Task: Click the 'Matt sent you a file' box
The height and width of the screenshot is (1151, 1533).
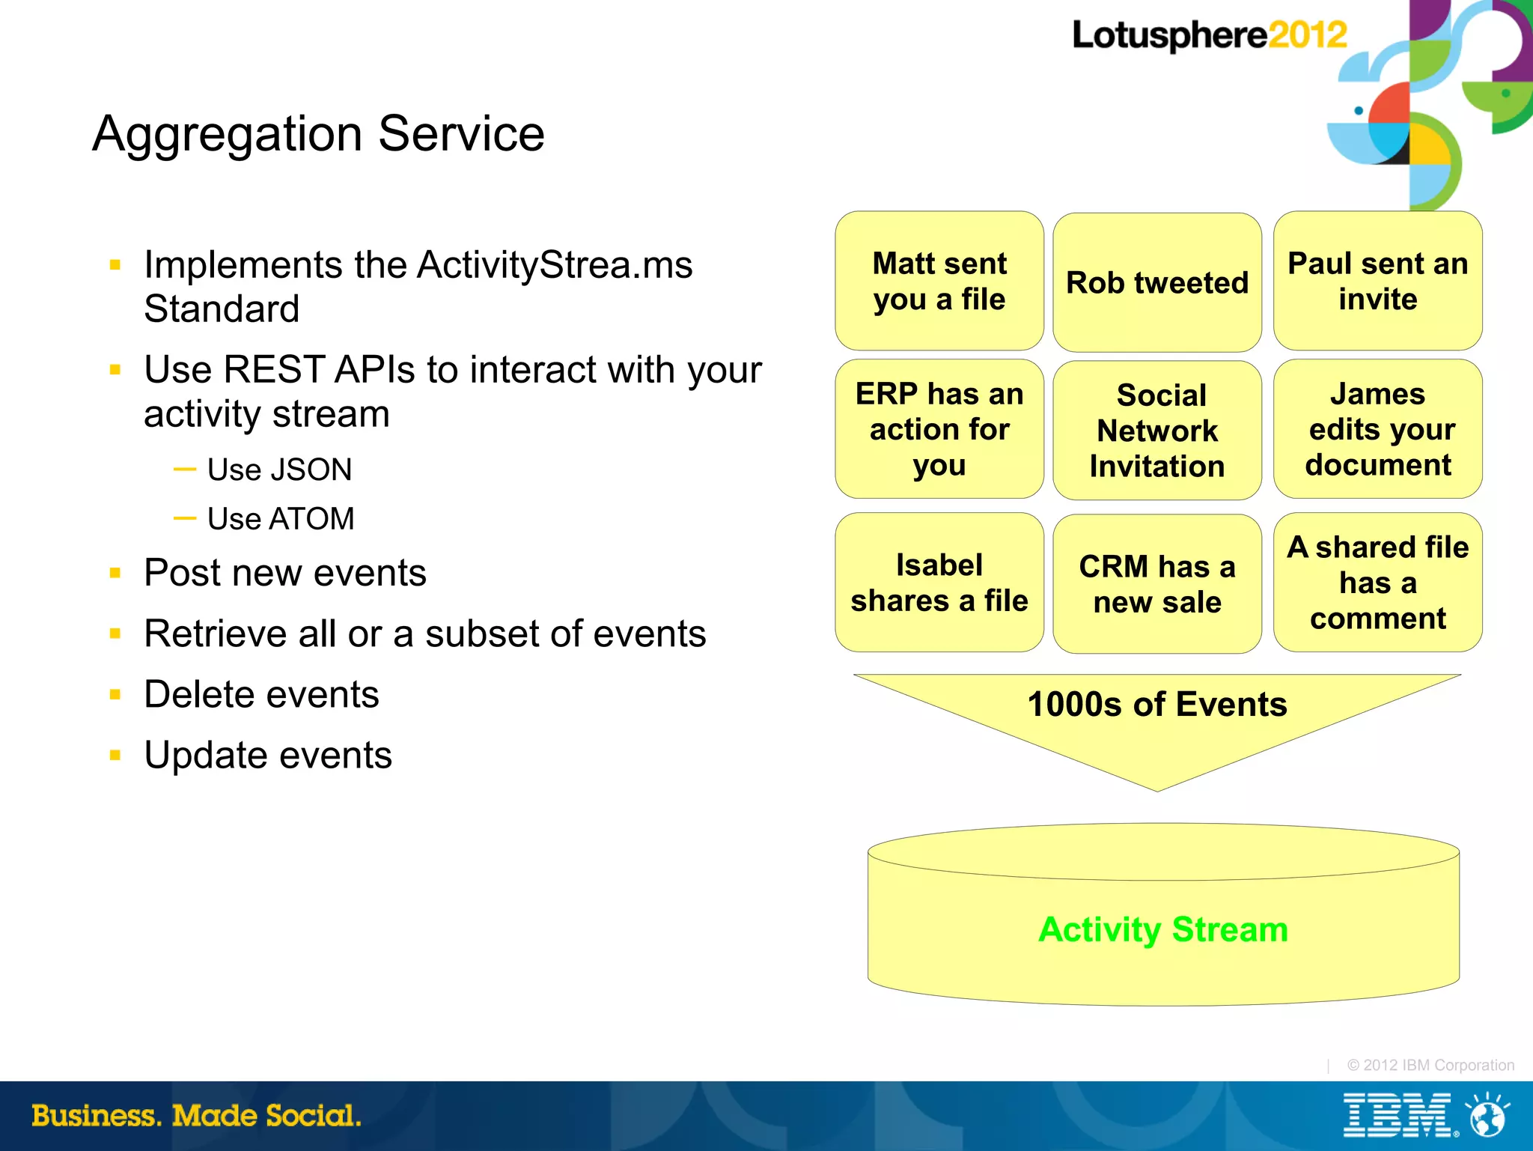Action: [x=939, y=281]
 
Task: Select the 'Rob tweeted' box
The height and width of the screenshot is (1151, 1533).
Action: [x=1156, y=282]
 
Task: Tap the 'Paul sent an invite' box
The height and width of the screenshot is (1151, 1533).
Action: [x=1377, y=281]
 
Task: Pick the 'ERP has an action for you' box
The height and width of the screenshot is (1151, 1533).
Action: [x=939, y=429]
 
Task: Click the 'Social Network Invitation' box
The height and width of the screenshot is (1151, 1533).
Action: [x=1156, y=431]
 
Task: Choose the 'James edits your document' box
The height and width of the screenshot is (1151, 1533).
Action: [x=1377, y=429]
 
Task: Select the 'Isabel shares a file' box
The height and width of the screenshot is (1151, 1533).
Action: [x=939, y=583]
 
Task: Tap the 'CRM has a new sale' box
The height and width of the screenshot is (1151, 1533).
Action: [x=1156, y=584]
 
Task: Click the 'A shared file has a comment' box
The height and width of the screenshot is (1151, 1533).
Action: [x=1377, y=583]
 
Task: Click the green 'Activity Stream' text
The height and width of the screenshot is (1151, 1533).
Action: [x=1162, y=929]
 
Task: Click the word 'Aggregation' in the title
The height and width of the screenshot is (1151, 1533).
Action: [x=227, y=135]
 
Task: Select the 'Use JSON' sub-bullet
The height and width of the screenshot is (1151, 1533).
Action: [x=278, y=470]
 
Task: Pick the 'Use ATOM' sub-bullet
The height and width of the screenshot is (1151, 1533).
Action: [x=280, y=519]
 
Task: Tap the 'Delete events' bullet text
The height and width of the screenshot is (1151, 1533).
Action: [x=261, y=694]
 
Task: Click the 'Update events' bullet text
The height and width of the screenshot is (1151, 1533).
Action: [x=267, y=755]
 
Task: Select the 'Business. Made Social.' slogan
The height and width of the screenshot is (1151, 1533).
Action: [x=196, y=1116]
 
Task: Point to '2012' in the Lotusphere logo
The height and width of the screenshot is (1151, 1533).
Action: [x=1307, y=35]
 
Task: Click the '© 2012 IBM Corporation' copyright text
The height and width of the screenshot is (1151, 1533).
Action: [x=1430, y=1065]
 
